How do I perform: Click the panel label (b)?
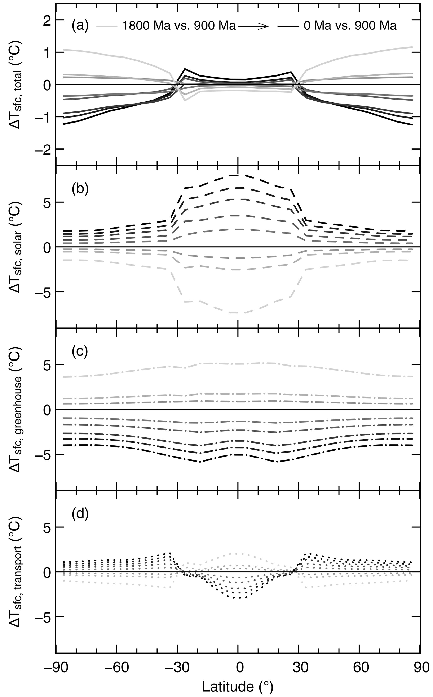click(x=80, y=188)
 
